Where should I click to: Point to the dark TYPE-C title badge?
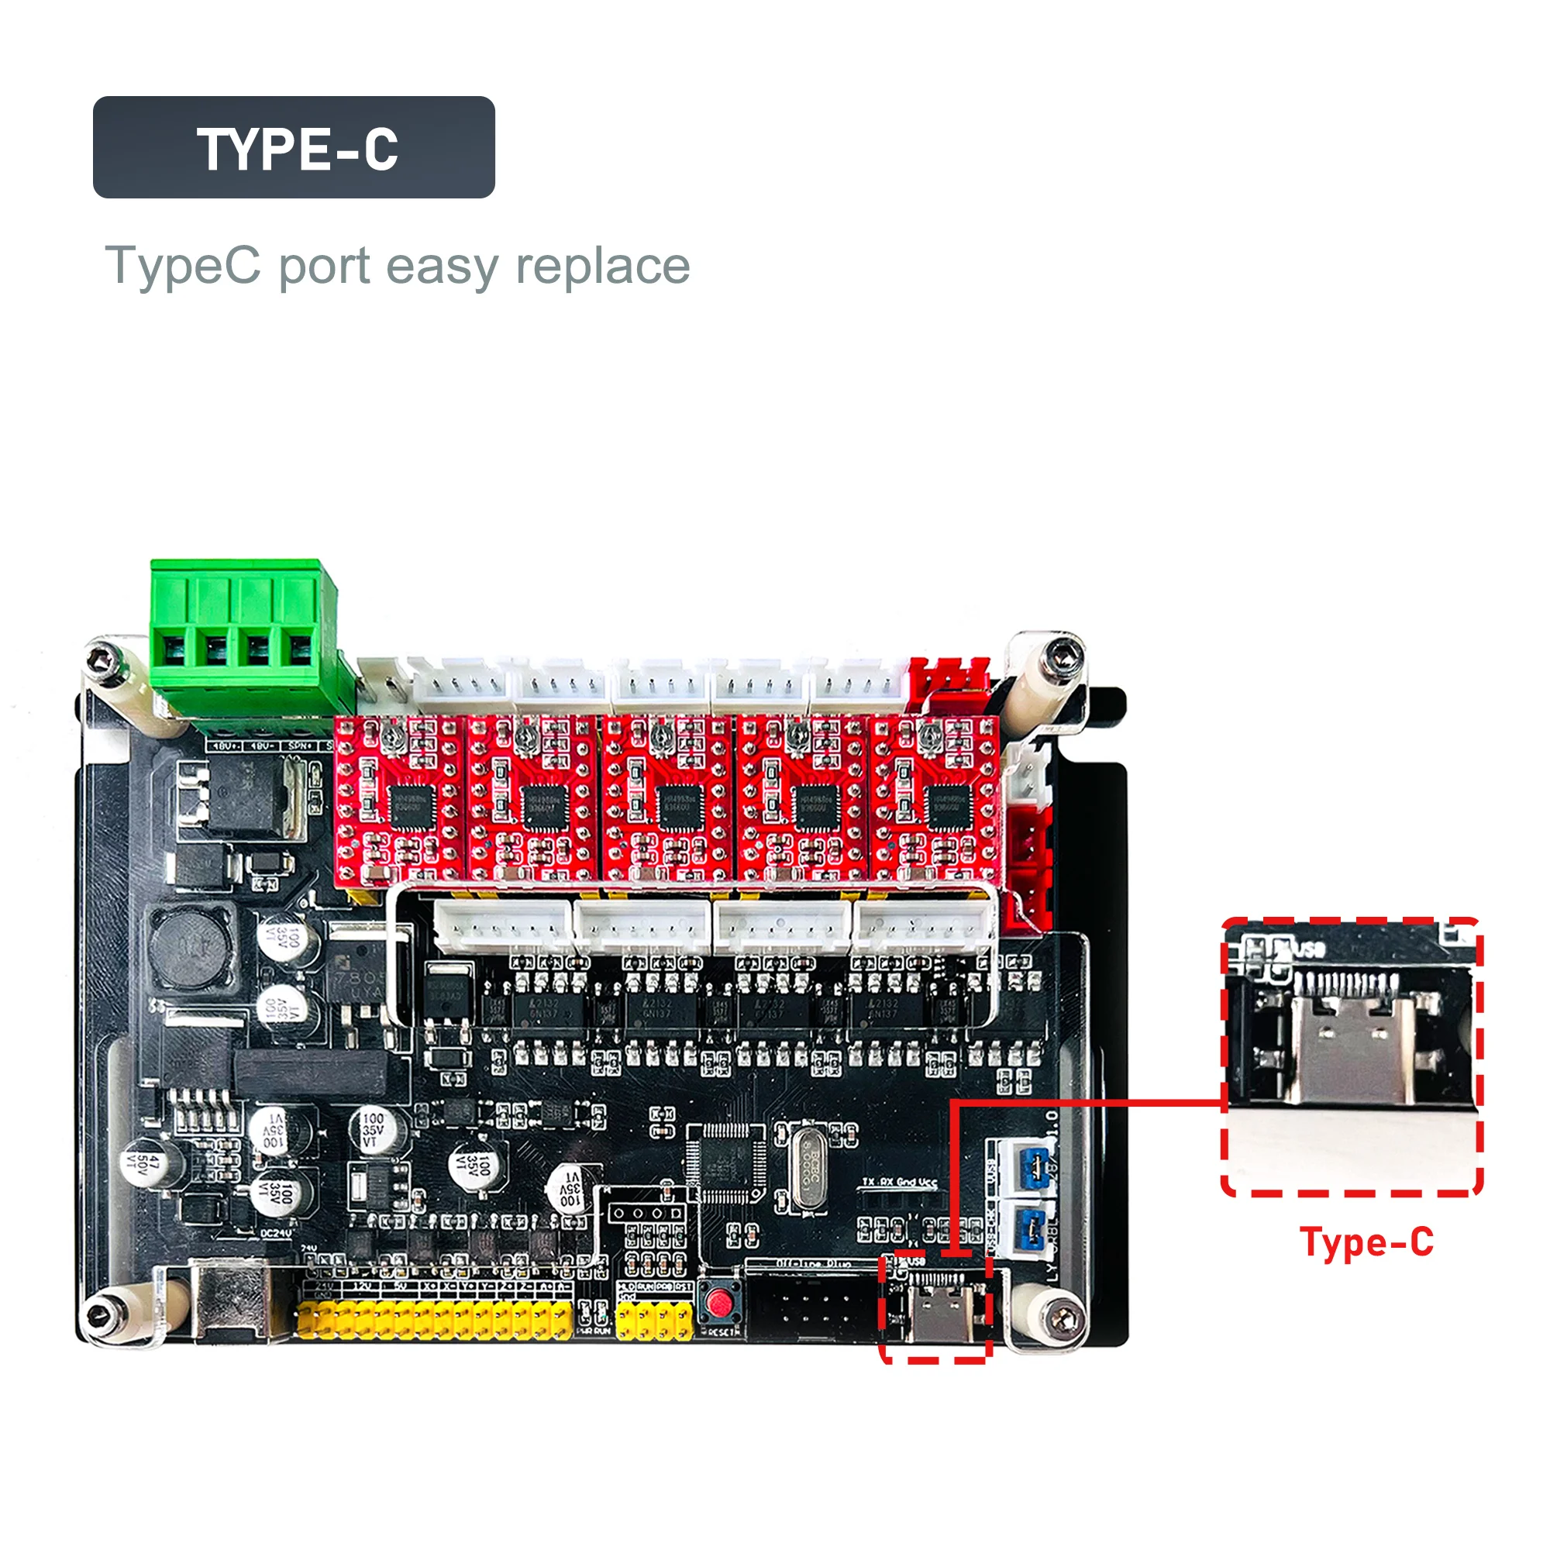coord(294,147)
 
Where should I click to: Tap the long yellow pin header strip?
coord(434,1320)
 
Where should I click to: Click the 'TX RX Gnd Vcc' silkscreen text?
coord(899,1183)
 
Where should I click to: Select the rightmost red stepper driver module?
coord(935,801)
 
